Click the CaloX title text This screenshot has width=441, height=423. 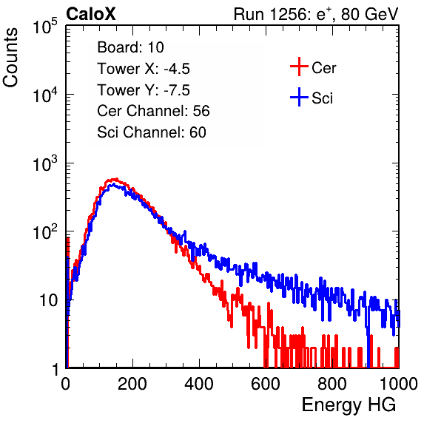[91, 14]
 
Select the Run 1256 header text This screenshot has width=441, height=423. [316, 14]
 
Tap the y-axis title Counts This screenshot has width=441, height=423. [10, 57]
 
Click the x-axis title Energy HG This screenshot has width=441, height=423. [349, 405]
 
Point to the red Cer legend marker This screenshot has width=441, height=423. [299, 67]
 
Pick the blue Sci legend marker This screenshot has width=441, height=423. [299, 97]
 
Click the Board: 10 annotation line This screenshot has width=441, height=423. [130, 47]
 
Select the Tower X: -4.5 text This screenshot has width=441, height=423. [144, 69]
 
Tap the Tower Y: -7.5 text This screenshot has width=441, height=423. [144, 90]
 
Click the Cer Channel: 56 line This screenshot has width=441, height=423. [153, 111]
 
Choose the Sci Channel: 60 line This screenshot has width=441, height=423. [152, 132]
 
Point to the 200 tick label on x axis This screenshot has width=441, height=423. [132, 384]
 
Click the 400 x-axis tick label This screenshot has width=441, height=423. [199, 384]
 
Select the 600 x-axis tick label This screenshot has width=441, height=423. [266, 384]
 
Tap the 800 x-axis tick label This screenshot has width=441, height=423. [332, 384]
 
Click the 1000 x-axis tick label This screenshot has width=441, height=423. [399, 384]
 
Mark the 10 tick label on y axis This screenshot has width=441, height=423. [49, 300]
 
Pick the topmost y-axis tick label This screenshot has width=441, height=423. [45, 27]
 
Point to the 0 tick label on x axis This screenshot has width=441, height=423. [66, 384]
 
